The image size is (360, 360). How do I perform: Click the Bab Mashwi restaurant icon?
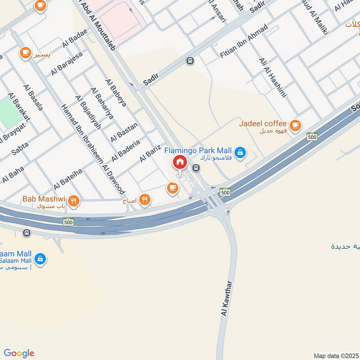point(75,201)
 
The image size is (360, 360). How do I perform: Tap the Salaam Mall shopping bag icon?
point(40,260)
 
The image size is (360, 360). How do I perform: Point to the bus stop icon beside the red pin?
point(196,168)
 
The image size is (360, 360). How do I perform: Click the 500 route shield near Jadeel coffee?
point(312,136)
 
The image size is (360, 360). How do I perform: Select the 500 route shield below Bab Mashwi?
point(68,222)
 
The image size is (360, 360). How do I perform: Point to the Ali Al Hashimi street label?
point(272,78)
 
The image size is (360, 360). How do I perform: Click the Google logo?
point(19,353)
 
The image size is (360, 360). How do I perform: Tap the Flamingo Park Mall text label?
point(198,150)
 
